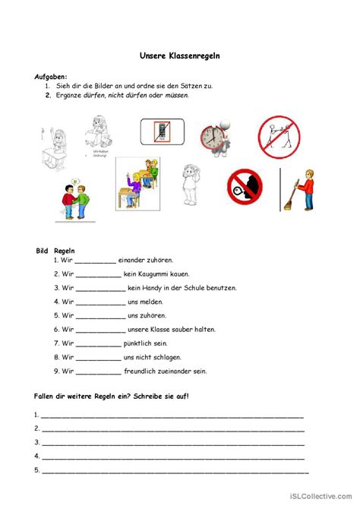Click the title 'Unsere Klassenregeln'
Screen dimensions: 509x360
[179, 55]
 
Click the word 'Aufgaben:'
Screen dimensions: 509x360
[52, 77]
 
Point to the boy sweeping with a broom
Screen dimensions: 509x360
[303, 190]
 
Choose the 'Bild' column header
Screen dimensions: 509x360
[43, 250]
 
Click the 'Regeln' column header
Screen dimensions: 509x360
[65, 250]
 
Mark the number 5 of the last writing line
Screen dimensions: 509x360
[36, 470]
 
